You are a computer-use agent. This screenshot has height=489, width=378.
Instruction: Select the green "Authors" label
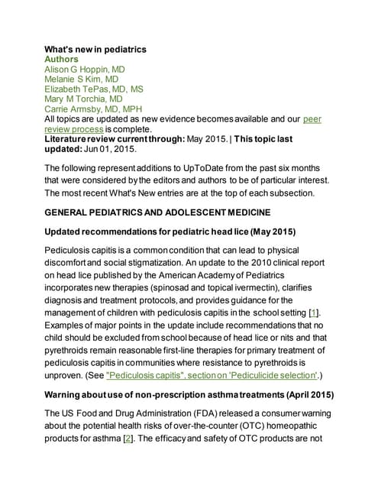point(62,59)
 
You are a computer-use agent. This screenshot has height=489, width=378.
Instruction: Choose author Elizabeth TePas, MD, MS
point(94,89)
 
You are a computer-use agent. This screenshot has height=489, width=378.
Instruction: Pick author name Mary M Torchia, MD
point(83,99)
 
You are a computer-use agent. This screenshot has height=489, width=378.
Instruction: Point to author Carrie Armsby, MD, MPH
point(94,109)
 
